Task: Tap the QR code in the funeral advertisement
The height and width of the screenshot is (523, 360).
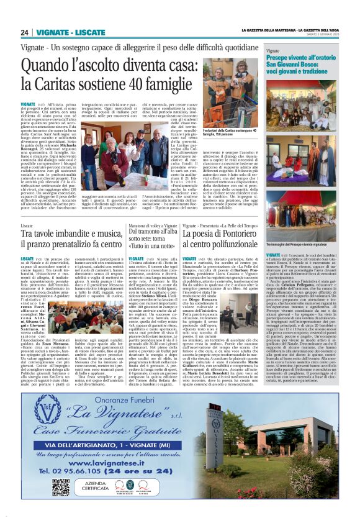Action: (x=61, y=469)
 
